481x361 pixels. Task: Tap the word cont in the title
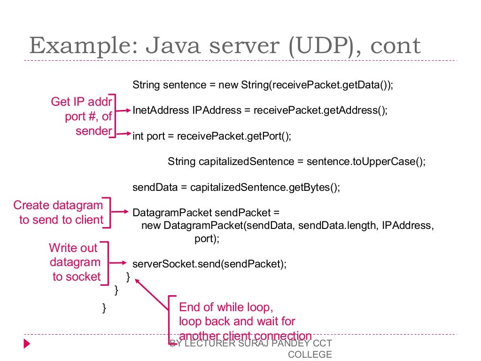pos(396,46)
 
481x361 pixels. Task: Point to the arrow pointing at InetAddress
pos(124,111)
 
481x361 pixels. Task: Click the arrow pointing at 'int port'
pos(124,135)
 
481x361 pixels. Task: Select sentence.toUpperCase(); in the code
pos(365,162)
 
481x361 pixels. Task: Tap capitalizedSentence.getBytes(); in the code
pos(264,187)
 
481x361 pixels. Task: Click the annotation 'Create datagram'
pos(58,205)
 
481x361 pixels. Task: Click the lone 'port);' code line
pos(207,238)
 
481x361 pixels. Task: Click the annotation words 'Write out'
pos(73,248)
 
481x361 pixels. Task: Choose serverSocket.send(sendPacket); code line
pos(209,264)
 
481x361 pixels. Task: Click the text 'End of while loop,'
pos(225,307)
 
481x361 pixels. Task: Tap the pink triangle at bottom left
pos(27,344)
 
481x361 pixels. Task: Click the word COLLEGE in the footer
pos(310,354)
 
